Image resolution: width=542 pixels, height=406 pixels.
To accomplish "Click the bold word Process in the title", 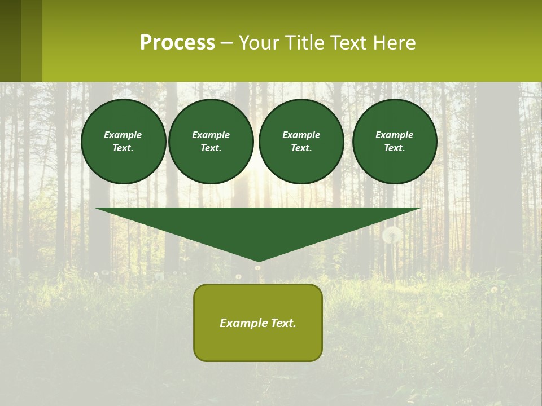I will point(177,43).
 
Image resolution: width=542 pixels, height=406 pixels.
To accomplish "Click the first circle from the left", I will point(123,142).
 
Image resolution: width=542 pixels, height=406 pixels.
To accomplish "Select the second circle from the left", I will point(211,142).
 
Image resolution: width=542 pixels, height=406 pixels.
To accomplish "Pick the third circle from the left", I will point(301,142).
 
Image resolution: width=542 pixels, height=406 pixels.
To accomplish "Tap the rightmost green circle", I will point(394,142).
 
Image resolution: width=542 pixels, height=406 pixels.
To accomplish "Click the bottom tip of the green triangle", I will point(258,260).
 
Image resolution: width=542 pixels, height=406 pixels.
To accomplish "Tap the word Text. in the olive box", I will point(282,323).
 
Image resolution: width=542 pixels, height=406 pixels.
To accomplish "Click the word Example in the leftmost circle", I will point(123,135).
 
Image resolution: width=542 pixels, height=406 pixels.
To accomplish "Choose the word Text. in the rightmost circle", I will point(394,148).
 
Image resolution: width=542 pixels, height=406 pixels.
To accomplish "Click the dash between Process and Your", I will point(226,43).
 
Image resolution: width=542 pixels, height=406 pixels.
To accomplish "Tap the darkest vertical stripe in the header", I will point(10,41).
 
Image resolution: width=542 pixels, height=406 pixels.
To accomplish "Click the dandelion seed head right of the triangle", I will point(392,234).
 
